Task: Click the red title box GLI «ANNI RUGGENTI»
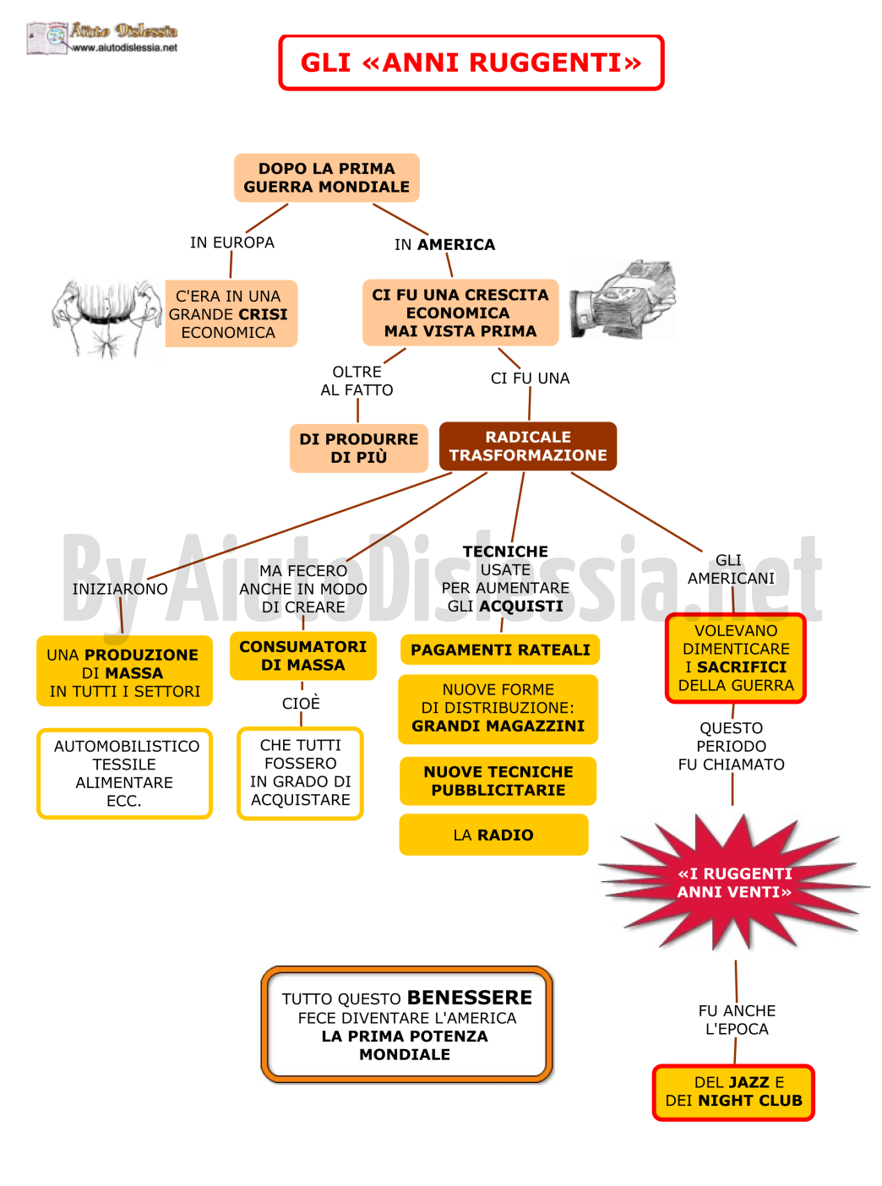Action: coord(471,63)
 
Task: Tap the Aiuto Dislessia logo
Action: coord(102,37)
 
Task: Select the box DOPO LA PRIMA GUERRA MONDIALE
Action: coord(326,177)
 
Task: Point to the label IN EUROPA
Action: coord(231,242)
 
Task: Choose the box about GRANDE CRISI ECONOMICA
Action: coord(231,313)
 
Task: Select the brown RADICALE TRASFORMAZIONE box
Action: coord(527,446)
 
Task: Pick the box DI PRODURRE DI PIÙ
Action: coord(358,448)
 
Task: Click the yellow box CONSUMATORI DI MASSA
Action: coord(302,656)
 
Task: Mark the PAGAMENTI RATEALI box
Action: coord(499,649)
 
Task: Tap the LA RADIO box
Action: coord(493,834)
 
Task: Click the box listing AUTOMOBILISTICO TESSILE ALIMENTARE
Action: coord(125,773)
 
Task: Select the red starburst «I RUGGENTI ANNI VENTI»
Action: coord(734,883)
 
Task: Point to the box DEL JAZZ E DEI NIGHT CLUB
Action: coord(732,1092)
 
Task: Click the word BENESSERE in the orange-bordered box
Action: coord(469,998)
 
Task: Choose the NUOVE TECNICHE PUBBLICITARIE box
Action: coord(498,781)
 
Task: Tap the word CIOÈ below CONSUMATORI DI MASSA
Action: coord(301,703)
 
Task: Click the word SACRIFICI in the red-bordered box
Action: coord(741,666)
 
